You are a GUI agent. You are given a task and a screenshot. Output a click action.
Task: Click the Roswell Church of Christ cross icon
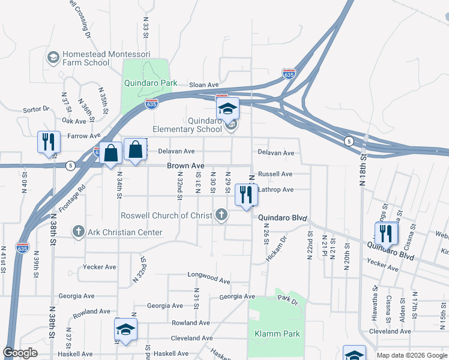221,215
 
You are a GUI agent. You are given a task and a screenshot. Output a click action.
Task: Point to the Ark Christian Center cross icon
78,232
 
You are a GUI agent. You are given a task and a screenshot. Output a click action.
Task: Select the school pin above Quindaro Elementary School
228,109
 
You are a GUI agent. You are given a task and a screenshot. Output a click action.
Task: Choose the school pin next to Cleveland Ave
126,330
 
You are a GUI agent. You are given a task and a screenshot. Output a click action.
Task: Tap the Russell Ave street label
275,174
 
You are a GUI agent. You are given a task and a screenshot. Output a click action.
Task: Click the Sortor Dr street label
36,109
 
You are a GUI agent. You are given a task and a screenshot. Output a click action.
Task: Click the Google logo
20,353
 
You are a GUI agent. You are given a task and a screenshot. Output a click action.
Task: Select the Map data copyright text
411,355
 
